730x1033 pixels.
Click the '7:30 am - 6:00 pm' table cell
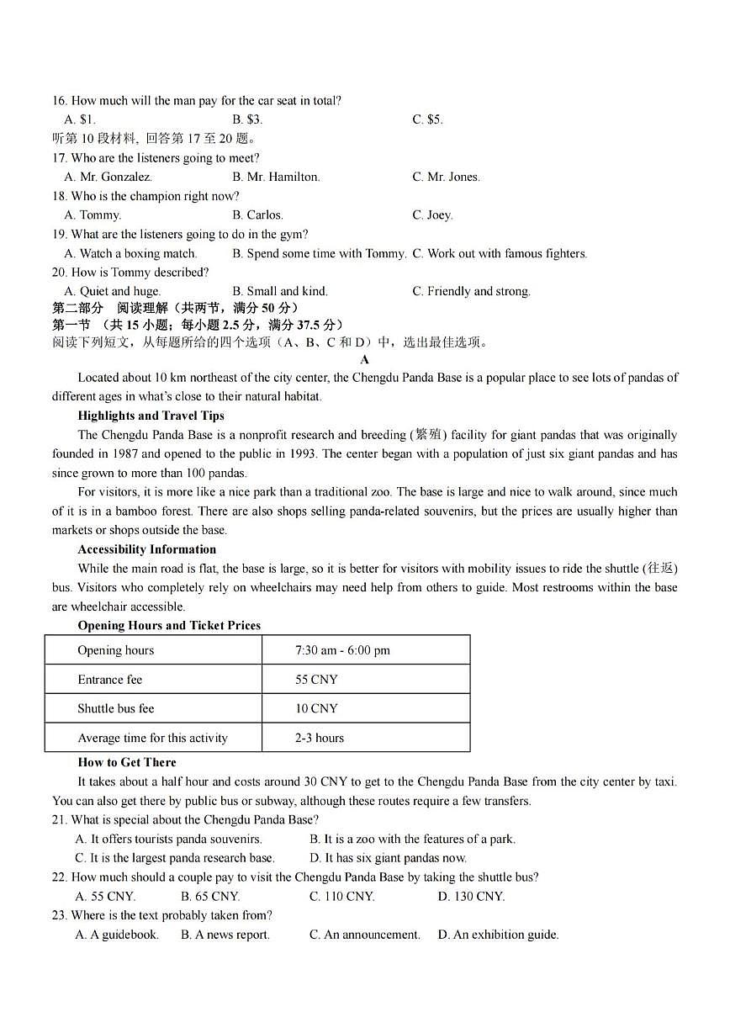pos(342,650)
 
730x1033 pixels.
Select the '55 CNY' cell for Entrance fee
pos(316,680)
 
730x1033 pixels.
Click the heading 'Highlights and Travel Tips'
pos(151,416)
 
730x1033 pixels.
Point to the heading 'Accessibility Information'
pos(146,549)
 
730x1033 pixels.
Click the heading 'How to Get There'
pos(127,762)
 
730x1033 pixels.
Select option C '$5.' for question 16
pos(427,119)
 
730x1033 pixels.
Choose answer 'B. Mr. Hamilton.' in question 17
pos(276,177)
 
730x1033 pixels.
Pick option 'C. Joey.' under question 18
pos(432,215)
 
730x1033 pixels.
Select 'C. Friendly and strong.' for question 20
pos(471,291)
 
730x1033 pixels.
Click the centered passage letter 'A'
pos(365,359)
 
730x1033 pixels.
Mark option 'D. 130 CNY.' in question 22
pos(471,896)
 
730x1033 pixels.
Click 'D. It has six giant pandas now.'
pos(388,858)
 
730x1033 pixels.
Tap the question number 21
pos(59,820)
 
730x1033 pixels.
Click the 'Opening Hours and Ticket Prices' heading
pos(169,625)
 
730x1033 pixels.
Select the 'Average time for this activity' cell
pos(152,738)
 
